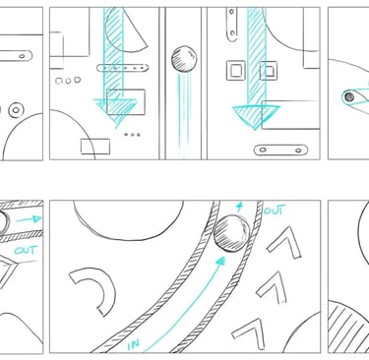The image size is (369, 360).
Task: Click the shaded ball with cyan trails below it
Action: click(x=184, y=58)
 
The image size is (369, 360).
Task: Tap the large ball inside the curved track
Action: click(x=232, y=233)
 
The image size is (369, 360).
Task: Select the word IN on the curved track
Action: click(x=134, y=344)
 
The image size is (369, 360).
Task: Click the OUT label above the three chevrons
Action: click(x=275, y=210)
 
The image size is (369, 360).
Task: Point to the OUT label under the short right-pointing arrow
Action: click(x=26, y=251)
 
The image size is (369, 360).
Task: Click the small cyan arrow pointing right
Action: click(x=29, y=219)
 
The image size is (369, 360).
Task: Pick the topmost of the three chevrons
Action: click(x=284, y=243)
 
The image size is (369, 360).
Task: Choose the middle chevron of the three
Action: click(x=272, y=287)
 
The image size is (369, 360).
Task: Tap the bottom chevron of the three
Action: click(x=248, y=333)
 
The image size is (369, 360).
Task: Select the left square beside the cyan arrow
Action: click(x=236, y=71)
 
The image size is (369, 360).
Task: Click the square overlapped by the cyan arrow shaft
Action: click(x=269, y=71)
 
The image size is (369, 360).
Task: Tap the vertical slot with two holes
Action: click(x=232, y=25)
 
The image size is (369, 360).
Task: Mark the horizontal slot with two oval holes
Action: click(x=280, y=150)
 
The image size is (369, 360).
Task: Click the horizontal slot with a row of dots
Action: click(x=123, y=68)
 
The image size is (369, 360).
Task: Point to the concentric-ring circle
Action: click(x=16, y=110)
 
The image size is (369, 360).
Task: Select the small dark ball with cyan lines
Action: click(x=349, y=96)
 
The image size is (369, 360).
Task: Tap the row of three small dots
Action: click(x=133, y=135)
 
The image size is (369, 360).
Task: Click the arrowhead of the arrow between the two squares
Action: click(x=256, y=117)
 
